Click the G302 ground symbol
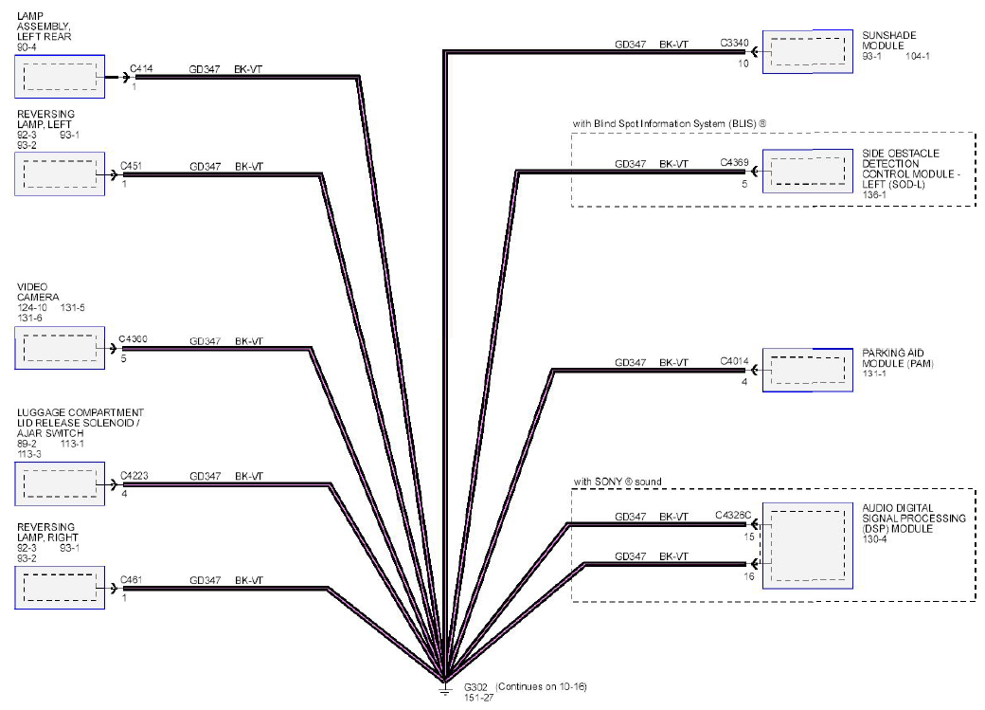pos(445,690)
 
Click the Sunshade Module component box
pos(808,51)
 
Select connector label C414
pos(141,68)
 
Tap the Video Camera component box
pos(60,348)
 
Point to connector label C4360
pos(134,339)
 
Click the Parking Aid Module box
pos(808,370)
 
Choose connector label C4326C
pos(733,515)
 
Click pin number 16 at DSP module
pos(749,576)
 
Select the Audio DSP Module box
pos(808,545)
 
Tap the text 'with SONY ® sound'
pos(618,482)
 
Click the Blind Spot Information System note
pos(670,124)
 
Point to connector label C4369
pos(734,163)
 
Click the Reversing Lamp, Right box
pos(60,588)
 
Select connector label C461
pos(132,580)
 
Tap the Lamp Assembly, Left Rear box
pos(60,76)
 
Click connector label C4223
pos(134,476)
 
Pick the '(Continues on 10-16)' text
pos(542,686)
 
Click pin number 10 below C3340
pos(743,64)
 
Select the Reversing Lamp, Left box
pos(60,173)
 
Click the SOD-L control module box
pos(808,171)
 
